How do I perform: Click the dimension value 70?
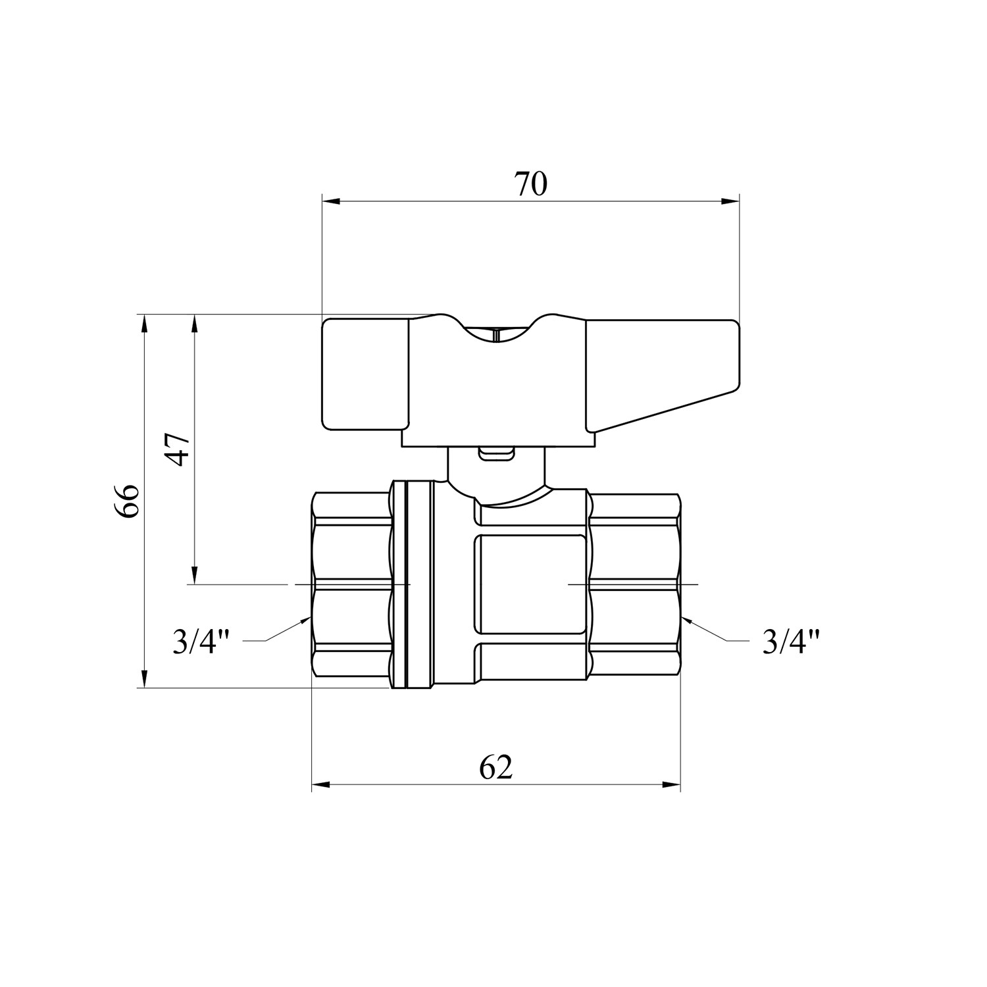click(x=530, y=185)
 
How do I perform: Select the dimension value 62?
click(x=495, y=768)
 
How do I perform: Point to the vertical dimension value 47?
click(x=178, y=450)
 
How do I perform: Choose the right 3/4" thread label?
click(x=792, y=642)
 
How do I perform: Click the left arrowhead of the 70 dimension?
click(x=330, y=201)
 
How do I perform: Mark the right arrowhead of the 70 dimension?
click(x=731, y=201)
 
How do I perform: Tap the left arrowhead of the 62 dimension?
click(x=320, y=784)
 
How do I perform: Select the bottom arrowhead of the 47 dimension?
click(x=195, y=575)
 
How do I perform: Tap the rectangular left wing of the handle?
click(x=364, y=375)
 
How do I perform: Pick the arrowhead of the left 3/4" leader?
click(x=304, y=620)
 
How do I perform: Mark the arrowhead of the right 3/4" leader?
click(x=688, y=620)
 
